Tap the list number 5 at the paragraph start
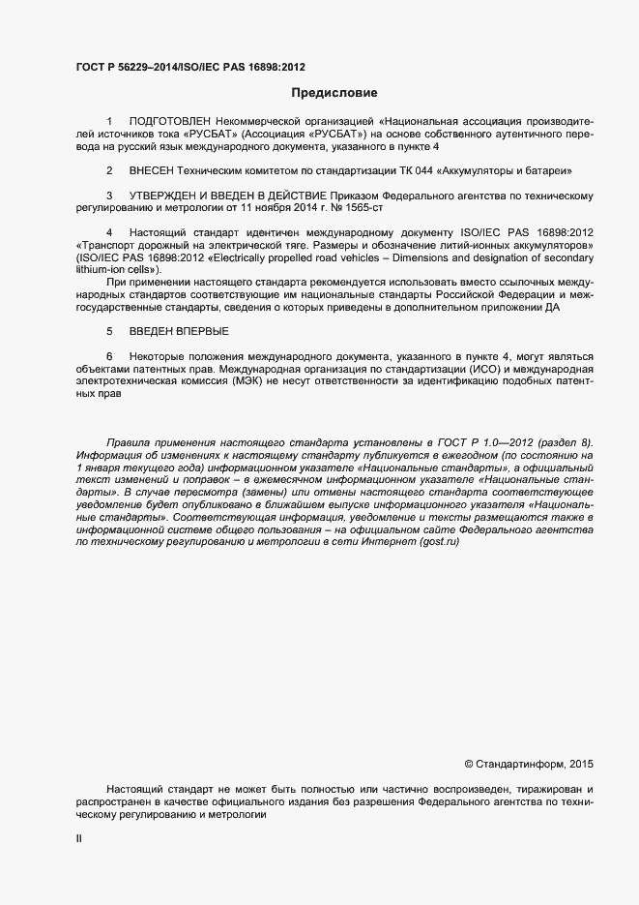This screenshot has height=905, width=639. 109,331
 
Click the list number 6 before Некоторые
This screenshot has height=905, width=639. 109,356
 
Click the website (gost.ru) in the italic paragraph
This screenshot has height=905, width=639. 439,542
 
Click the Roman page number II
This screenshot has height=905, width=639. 79,840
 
